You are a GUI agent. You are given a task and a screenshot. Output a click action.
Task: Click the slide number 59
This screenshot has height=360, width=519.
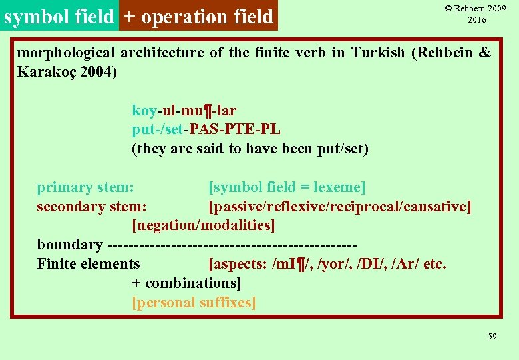point(492,337)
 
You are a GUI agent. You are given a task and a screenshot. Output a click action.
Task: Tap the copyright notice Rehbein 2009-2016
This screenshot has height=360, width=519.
point(477,14)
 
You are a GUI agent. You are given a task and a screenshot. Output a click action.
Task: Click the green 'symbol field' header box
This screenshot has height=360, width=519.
point(59,16)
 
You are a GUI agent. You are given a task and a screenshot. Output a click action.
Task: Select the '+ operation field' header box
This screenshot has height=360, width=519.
point(198,16)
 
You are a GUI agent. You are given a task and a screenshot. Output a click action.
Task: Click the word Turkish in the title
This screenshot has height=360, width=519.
point(377,53)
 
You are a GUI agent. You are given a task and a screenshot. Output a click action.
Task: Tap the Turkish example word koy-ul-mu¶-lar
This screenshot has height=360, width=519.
point(184,110)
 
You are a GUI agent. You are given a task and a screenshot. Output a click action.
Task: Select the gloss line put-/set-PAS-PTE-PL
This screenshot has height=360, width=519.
point(206,129)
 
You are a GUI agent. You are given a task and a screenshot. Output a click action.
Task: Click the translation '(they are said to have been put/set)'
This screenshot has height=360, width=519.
point(250,149)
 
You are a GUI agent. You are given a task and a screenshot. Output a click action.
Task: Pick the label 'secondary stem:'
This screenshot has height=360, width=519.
point(92,207)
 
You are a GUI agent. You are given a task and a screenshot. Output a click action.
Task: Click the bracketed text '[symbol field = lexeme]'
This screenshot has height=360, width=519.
point(287,187)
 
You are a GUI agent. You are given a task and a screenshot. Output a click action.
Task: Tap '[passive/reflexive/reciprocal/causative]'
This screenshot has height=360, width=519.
point(339,207)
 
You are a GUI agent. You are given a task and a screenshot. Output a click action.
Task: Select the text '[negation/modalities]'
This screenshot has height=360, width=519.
point(204,225)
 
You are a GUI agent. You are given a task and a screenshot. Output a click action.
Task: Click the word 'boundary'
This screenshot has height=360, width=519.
point(70,245)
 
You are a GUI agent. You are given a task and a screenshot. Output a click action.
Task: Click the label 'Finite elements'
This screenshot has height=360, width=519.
point(88,264)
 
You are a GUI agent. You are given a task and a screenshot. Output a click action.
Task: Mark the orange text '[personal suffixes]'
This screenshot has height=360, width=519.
point(194,302)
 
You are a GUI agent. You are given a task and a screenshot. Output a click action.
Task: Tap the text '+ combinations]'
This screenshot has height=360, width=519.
point(186,283)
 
